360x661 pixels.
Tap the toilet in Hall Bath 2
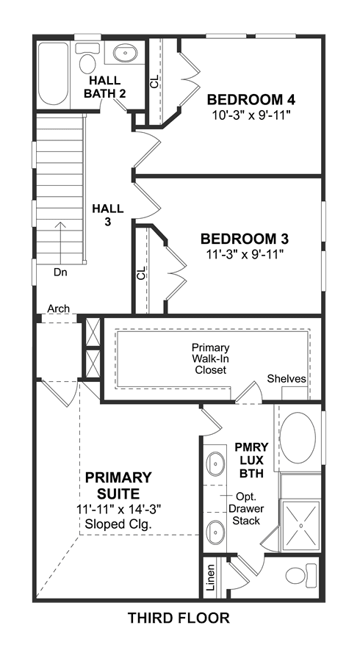pyautogui.click(x=87, y=59)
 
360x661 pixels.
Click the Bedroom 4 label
pyautogui.click(x=251, y=100)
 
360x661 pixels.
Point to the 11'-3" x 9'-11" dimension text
pyautogui.click(x=245, y=254)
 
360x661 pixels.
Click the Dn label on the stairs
pyautogui.click(x=60, y=272)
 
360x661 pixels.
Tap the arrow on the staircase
pyautogui.click(x=60, y=243)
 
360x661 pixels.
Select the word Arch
pyautogui.click(x=59, y=308)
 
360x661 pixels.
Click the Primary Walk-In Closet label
pyautogui.click(x=211, y=358)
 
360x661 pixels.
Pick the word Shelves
pyautogui.click(x=287, y=378)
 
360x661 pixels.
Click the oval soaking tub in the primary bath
pyautogui.click(x=298, y=438)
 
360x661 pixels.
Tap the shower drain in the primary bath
pyautogui.click(x=301, y=526)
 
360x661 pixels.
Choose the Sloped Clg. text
pyautogui.click(x=118, y=524)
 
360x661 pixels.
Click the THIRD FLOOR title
pyautogui.click(x=179, y=618)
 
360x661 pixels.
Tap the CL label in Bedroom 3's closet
pyautogui.click(x=142, y=272)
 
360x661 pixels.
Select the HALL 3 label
pyautogui.click(x=108, y=214)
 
